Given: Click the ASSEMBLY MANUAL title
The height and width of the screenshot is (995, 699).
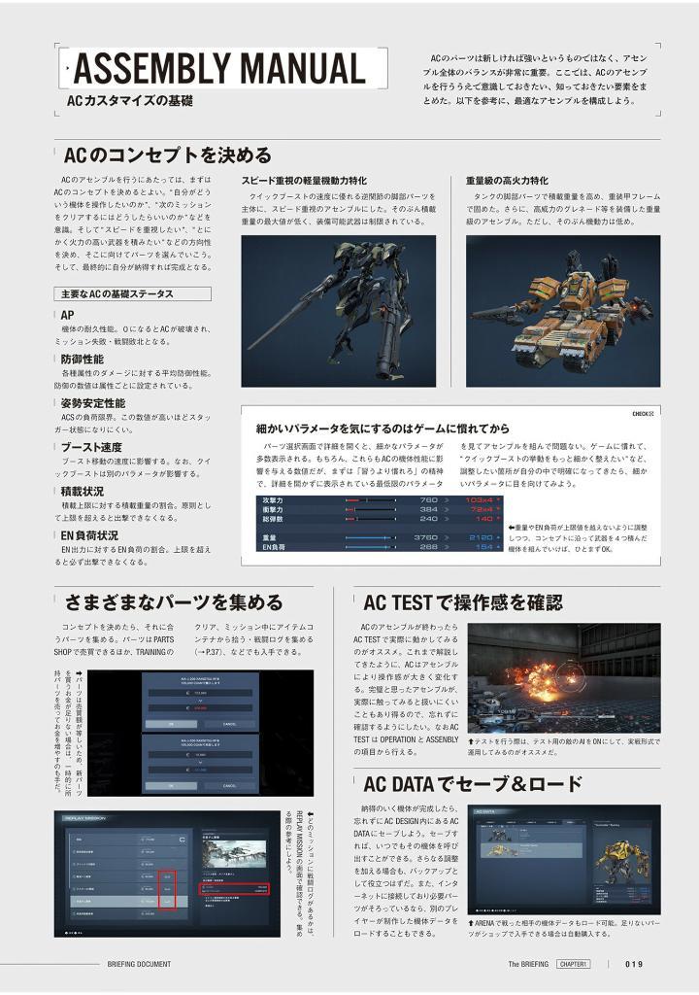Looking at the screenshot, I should (x=219, y=68).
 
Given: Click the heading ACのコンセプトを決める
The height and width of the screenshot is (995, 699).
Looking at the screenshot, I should (x=167, y=155).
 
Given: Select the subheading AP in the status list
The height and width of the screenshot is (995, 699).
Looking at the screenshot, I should (x=67, y=315).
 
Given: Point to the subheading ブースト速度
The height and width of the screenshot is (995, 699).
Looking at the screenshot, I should (x=91, y=447).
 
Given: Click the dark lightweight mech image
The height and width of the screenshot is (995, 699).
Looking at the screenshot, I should (x=338, y=297).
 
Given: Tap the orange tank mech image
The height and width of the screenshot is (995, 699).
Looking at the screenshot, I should (x=562, y=297).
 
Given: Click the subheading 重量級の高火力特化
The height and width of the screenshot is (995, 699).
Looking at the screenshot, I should (x=506, y=181).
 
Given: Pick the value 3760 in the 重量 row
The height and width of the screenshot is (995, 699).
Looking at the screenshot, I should (x=425, y=536).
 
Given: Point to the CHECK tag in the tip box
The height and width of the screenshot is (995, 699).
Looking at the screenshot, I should (x=642, y=413).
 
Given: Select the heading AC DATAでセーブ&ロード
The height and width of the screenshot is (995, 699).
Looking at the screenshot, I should (x=472, y=783).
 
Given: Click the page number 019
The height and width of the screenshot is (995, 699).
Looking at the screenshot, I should (x=634, y=964).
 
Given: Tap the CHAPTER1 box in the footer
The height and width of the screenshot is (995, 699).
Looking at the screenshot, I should (x=576, y=964).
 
